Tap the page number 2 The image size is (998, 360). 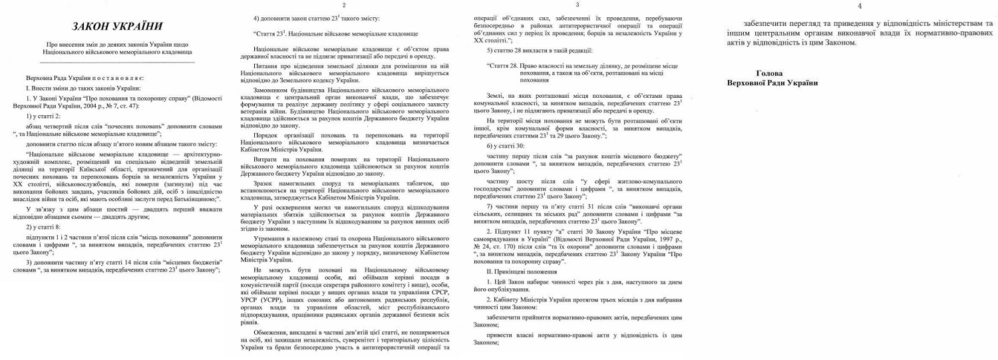tap(362, 5)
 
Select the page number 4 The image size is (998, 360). tap(860, 6)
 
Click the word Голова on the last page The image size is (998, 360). tap(772, 73)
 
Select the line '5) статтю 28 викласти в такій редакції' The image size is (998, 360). tap(539, 51)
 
